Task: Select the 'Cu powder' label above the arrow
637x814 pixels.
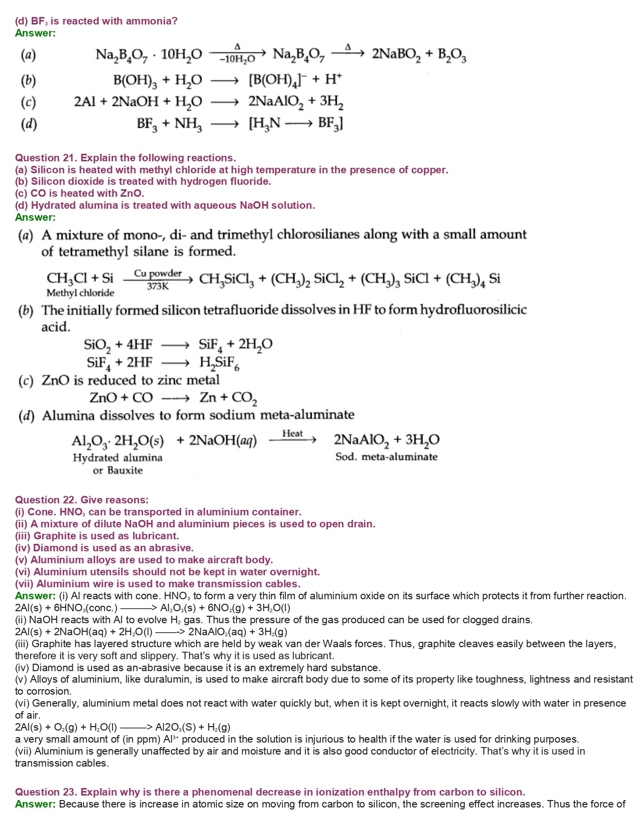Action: coord(158,274)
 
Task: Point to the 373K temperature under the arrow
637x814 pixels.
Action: coord(158,287)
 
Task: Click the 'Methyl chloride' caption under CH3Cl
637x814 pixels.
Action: coord(80,293)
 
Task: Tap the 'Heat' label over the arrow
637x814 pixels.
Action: coord(292,433)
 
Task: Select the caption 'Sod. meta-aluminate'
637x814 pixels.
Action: coord(386,457)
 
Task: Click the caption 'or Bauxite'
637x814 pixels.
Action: coord(118,470)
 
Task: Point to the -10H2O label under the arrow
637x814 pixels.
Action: coord(237,59)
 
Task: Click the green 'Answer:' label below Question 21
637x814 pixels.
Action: coord(35,217)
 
